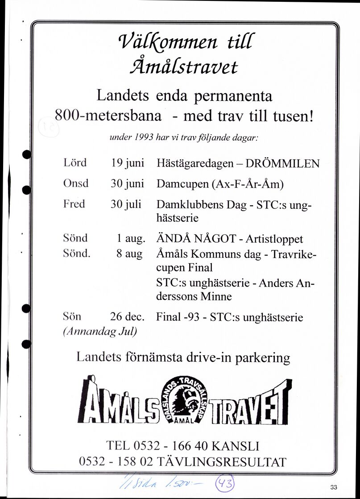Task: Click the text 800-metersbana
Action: [108, 116]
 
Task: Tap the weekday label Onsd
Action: [76, 184]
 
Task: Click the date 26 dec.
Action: [128, 318]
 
